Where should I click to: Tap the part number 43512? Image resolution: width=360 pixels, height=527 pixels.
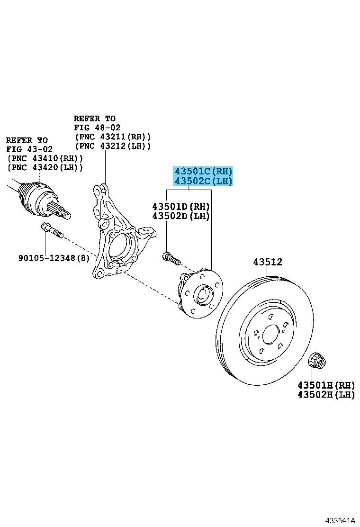[267, 262]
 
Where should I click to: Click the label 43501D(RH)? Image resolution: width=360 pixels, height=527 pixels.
[181, 207]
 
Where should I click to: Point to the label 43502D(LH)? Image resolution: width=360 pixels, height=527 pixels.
[181, 216]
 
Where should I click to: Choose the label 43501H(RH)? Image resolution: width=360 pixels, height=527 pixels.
[326, 385]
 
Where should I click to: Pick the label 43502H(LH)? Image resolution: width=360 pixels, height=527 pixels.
[326, 395]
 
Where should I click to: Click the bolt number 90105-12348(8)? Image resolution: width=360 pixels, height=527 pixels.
[54, 258]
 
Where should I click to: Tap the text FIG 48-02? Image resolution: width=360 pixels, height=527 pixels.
[97, 127]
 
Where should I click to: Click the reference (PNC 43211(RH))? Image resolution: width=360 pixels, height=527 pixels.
[112, 136]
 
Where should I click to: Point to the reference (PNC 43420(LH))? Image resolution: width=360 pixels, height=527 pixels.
[45, 167]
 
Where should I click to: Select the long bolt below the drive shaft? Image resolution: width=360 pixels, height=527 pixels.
[52, 231]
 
